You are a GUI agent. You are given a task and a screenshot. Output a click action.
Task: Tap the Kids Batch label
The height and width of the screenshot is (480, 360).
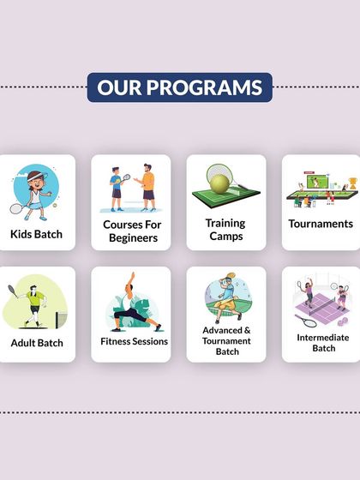[x=36, y=233]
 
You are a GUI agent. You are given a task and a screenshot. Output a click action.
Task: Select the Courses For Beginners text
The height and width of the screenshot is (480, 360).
[x=131, y=231]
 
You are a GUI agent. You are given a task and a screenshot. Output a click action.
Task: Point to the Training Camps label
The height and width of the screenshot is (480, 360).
[x=226, y=230]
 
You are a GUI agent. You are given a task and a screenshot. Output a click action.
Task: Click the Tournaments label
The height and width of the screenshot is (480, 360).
[x=321, y=224]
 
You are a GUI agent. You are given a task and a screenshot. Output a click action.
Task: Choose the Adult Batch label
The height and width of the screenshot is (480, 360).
[x=36, y=343]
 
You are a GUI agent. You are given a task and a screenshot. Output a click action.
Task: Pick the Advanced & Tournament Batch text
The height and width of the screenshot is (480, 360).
[x=226, y=340]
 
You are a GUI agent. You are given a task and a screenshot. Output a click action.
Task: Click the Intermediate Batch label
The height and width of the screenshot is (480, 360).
[x=323, y=342]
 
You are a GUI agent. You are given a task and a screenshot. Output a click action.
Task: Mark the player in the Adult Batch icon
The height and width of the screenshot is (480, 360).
[x=32, y=301]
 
